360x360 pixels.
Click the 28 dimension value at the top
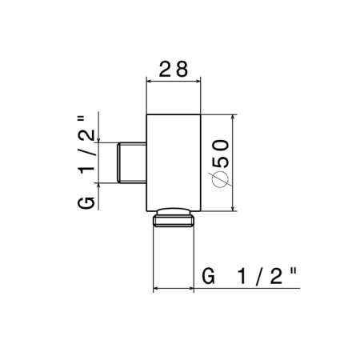tap(174, 69)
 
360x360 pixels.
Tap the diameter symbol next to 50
tap(220, 178)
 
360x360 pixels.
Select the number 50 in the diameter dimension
tap(221, 154)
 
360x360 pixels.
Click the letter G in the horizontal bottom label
tap(208, 276)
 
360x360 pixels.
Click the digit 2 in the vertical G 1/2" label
tap(86, 134)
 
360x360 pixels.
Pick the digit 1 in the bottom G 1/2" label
tap(242, 276)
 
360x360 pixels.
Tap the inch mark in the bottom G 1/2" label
tap(293, 272)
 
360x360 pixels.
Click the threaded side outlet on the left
tap(132, 162)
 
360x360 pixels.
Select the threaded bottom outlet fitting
tap(174, 218)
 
